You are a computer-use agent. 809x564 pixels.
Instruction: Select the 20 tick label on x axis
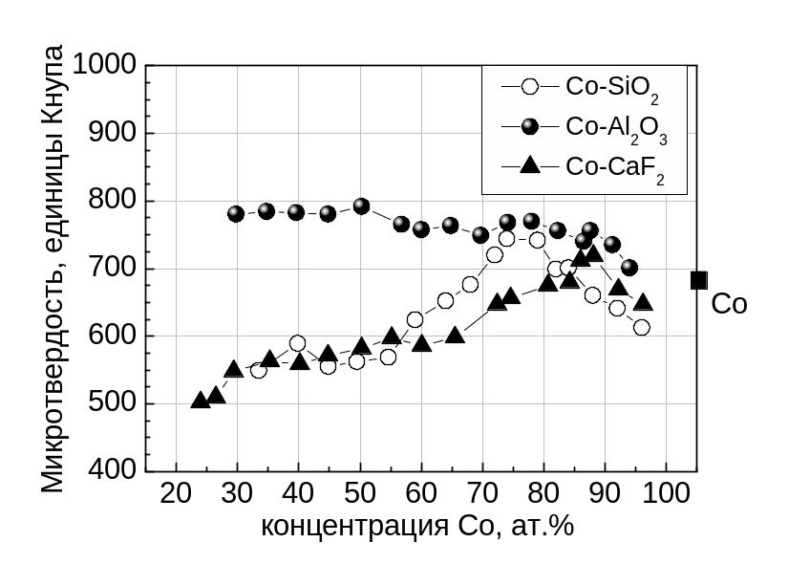[176, 494]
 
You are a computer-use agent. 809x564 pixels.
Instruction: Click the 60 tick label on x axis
[420, 494]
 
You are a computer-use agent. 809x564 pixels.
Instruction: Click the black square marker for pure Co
[699, 280]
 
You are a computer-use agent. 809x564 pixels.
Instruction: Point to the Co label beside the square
[730, 305]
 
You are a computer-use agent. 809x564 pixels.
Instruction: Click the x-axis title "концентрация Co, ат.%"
[417, 526]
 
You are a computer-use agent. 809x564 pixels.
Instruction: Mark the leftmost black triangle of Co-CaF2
[201, 400]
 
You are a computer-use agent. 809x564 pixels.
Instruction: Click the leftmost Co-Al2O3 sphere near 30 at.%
[237, 213]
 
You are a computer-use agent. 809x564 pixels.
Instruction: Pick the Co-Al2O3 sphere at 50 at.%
[361, 206]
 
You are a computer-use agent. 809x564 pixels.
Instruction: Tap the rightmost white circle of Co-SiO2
[641, 327]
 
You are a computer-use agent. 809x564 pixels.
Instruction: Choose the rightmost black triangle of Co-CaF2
[644, 302]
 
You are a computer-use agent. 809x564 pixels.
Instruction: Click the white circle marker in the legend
[530, 86]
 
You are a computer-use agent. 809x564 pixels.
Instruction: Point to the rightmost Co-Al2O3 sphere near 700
[628, 268]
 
